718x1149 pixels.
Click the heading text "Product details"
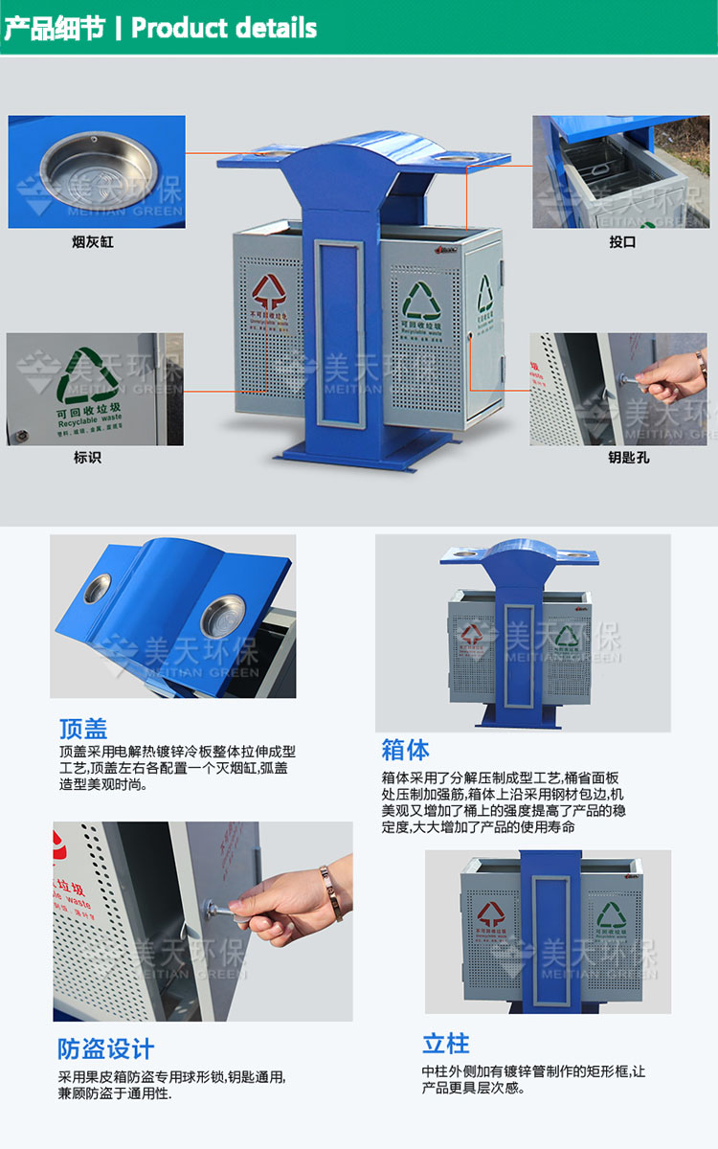(x=224, y=28)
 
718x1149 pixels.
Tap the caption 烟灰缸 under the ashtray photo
(x=93, y=242)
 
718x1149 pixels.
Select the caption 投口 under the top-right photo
(x=622, y=242)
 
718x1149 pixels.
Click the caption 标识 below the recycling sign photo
(x=87, y=458)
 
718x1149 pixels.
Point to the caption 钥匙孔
(x=628, y=458)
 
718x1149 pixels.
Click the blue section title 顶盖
(x=83, y=729)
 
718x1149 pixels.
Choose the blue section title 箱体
(x=405, y=749)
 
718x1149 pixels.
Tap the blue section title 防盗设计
(x=105, y=1048)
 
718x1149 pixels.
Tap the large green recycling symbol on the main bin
(x=421, y=300)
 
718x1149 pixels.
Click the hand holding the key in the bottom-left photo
(x=278, y=904)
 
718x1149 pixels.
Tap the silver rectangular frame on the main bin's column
(x=341, y=330)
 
